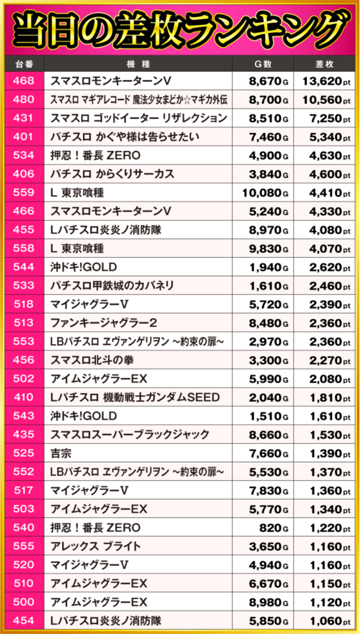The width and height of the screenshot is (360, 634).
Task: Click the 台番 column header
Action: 23,64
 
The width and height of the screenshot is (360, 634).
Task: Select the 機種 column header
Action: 139,64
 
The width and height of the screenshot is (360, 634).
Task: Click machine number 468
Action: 23,81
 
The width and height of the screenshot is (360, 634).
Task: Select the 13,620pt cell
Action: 326,81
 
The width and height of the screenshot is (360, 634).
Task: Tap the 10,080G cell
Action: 265,193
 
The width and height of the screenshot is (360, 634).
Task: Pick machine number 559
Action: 23,193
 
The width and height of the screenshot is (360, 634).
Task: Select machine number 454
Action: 23,621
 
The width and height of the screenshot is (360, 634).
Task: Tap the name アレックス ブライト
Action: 96,546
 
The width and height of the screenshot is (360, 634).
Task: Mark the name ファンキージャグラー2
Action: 103,323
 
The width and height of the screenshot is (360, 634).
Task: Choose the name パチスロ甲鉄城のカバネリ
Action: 112,286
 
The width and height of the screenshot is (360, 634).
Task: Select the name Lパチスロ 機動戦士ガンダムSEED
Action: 135,397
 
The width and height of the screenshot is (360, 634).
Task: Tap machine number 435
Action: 23,434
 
